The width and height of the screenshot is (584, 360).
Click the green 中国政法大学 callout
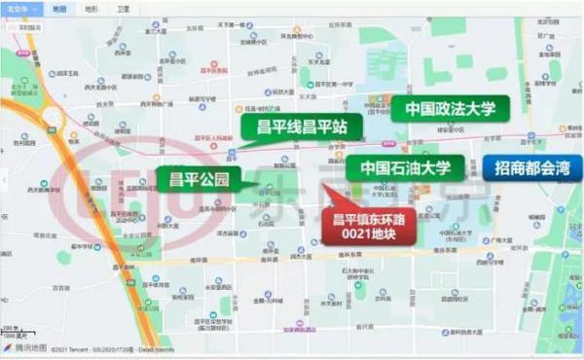[x=450, y=109]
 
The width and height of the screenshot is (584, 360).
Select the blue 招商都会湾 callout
[x=531, y=167]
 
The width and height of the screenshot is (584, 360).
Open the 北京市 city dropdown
[x=20, y=8]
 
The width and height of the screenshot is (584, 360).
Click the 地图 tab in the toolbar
[x=59, y=8]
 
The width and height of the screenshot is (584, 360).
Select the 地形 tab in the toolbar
[x=91, y=8]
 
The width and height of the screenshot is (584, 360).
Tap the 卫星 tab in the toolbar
[x=122, y=8]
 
